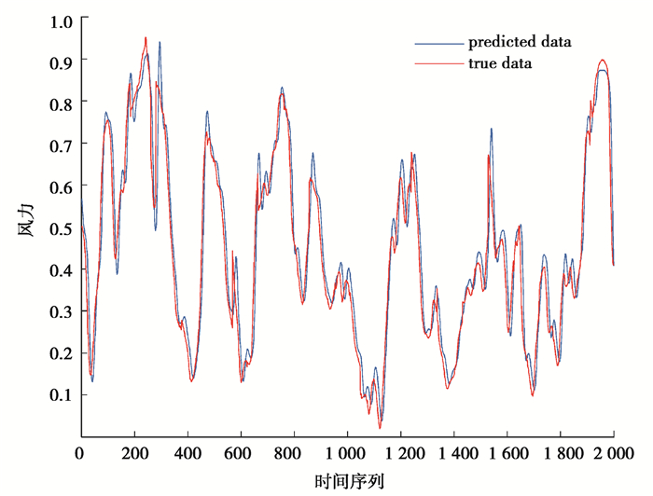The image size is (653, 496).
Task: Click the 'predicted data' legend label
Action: (x=520, y=42)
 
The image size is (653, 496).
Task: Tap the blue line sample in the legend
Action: (x=438, y=42)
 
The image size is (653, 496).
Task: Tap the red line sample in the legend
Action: (x=438, y=64)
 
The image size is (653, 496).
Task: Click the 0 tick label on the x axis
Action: (x=80, y=454)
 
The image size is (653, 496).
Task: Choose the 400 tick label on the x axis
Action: (x=188, y=454)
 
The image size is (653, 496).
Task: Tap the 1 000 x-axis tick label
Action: (x=347, y=454)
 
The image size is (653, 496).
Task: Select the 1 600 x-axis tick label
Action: (x=507, y=454)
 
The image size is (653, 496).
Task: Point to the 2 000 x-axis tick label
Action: (x=613, y=454)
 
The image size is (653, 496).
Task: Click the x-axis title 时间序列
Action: (x=347, y=481)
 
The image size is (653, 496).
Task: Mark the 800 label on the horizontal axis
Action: (x=294, y=454)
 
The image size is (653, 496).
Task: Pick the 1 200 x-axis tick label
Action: (x=400, y=454)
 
